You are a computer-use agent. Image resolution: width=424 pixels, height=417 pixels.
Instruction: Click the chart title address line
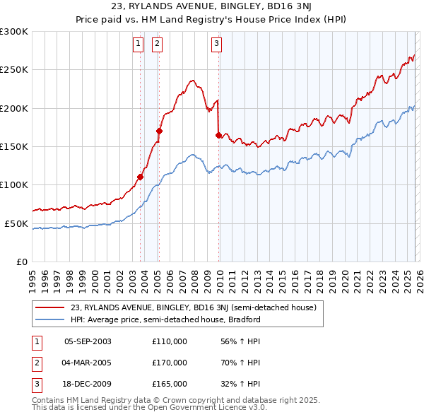pyautogui.click(x=211, y=6)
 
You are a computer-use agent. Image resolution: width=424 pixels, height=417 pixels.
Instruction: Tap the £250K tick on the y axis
pyautogui.click(x=14, y=70)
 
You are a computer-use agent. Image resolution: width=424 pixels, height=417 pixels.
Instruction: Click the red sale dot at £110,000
pyautogui.click(x=140, y=177)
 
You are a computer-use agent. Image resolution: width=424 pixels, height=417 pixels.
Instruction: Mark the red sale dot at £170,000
pyautogui.click(x=159, y=131)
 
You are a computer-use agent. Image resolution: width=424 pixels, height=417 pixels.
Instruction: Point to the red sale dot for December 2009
pyautogui.click(x=218, y=135)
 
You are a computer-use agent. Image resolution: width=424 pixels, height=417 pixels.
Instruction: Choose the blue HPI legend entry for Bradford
pyautogui.click(x=165, y=319)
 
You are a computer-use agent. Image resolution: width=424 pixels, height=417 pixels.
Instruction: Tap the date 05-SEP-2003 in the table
pyautogui.click(x=88, y=341)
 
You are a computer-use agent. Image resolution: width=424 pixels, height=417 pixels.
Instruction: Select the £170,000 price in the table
pyautogui.click(x=170, y=363)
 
